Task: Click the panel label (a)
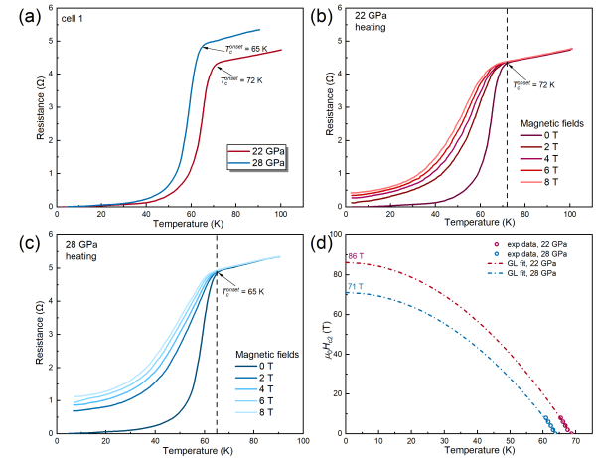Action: [x=17, y=14]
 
